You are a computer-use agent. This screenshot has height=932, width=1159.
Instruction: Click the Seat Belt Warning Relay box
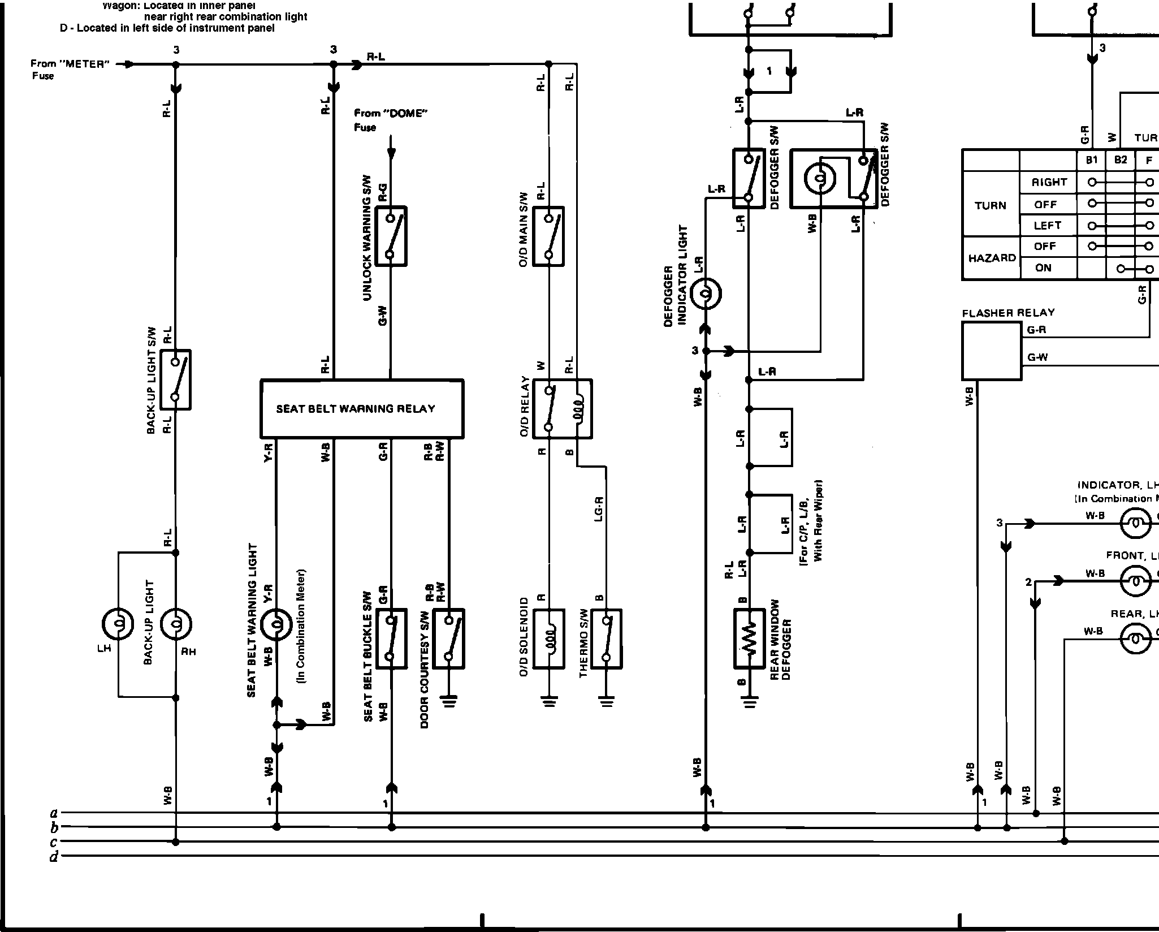click(361, 408)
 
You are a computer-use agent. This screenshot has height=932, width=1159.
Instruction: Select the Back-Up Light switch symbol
click(175, 379)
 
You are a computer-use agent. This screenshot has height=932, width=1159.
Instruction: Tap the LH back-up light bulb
click(118, 624)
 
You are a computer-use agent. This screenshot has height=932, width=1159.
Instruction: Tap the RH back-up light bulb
click(176, 624)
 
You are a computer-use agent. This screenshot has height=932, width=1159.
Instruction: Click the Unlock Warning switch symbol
click(390, 236)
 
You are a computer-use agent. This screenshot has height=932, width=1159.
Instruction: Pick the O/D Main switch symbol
click(548, 236)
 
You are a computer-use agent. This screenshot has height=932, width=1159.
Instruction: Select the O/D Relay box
click(562, 408)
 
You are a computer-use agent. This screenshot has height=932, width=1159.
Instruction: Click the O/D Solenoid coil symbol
click(549, 638)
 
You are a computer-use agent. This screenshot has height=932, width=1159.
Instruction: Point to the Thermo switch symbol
click(606, 638)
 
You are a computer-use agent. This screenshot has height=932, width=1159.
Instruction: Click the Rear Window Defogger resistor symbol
click(749, 638)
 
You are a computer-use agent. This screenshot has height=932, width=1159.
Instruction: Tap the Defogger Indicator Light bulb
click(706, 293)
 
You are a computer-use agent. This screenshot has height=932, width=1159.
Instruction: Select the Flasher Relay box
click(992, 351)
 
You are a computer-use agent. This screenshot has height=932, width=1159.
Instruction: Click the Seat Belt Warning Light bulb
click(276, 624)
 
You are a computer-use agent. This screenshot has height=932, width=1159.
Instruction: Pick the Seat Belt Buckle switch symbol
click(391, 638)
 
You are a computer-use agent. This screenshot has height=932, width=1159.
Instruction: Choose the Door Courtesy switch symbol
click(448, 638)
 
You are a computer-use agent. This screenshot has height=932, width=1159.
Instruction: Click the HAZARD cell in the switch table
click(991, 258)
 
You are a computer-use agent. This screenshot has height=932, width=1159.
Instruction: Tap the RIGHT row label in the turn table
click(1049, 182)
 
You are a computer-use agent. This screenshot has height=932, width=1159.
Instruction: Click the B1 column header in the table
click(1091, 160)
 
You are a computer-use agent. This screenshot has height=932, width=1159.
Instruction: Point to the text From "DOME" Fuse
click(390, 120)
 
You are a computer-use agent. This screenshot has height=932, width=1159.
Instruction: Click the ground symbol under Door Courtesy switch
click(450, 702)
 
